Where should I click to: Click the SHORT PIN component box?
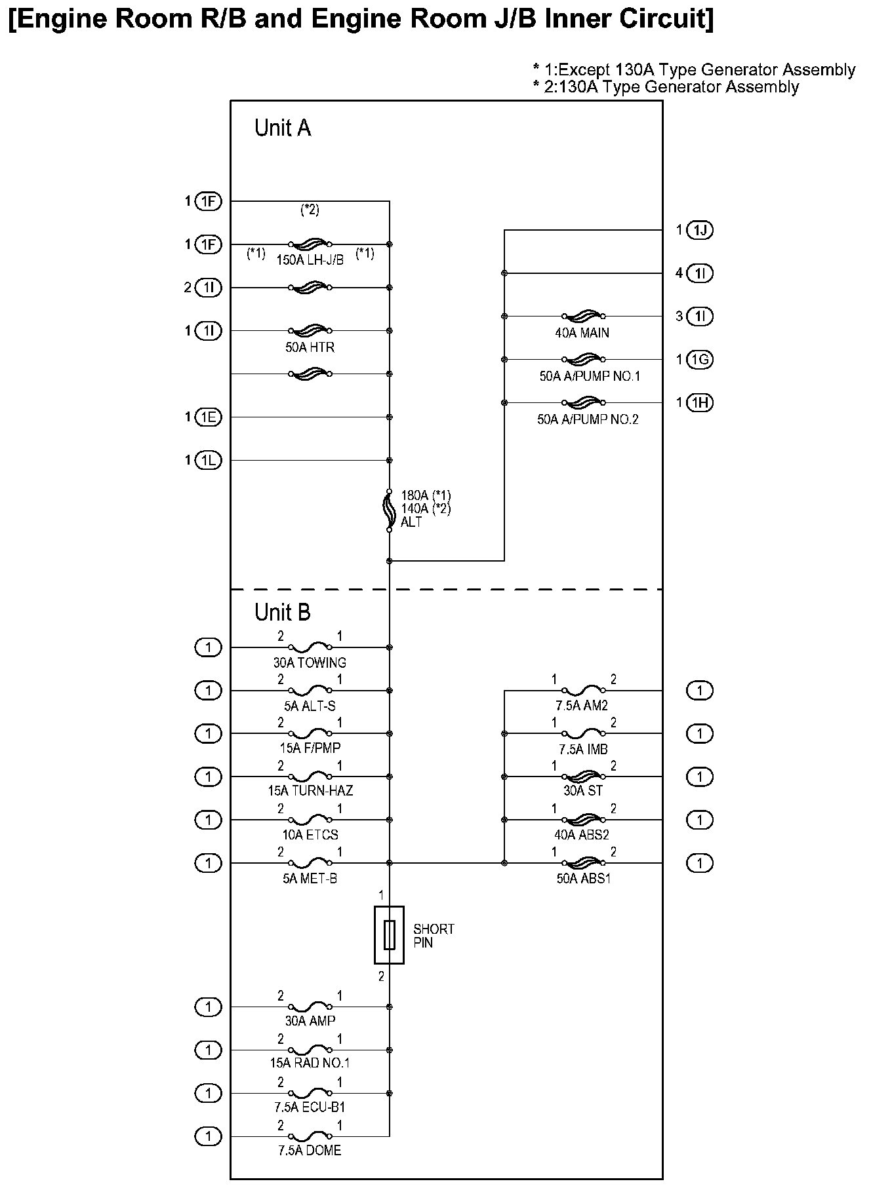[x=389, y=935]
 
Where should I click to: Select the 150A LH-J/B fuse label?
[x=310, y=260]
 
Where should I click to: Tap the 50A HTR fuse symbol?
[x=310, y=330]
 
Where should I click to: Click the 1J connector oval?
[x=700, y=230]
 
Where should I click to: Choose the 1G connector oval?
[x=700, y=359]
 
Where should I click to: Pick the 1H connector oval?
[x=700, y=402]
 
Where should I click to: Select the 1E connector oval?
[x=209, y=417]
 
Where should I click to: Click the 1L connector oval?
[x=209, y=460]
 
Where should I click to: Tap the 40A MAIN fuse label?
[x=582, y=333]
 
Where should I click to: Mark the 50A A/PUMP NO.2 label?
[x=588, y=419]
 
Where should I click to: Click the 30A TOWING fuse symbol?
[x=310, y=647]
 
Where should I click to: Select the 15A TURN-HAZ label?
[x=310, y=791]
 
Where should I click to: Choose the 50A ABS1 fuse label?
[x=583, y=879]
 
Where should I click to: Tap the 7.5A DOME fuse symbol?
[x=310, y=1136]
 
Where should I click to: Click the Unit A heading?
[x=283, y=128]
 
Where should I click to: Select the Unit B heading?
[x=283, y=612]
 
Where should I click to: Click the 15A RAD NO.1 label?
[x=309, y=1064]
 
